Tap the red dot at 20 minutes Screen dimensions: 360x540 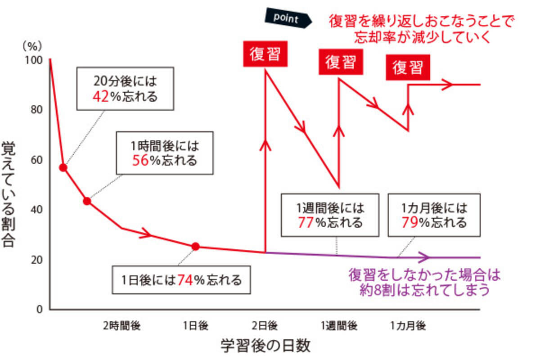click(63, 168)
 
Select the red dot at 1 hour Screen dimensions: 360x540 click(87, 201)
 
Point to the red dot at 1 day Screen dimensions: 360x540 click(195, 246)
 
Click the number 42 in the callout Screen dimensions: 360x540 click(101, 96)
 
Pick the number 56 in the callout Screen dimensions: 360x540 click(140, 161)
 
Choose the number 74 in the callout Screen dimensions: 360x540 click(185, 280)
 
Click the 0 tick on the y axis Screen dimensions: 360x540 click(40, 310)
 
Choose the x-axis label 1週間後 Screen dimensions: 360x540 click(339, 325)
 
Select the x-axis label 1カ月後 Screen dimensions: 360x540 click(408, 325)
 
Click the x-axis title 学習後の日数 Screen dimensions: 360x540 click(265, 346)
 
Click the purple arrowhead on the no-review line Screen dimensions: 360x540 click(424, 257)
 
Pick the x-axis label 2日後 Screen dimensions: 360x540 click(265, 325)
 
